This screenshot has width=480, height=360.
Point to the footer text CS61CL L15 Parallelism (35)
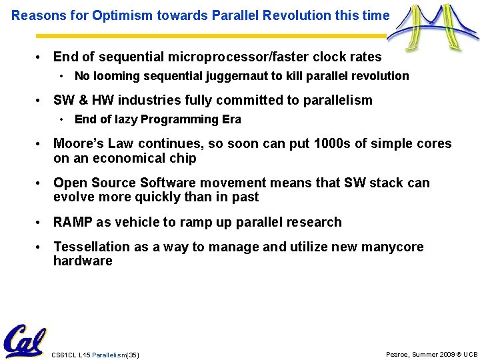tap(95, 355)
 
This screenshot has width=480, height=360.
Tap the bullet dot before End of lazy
tap(61, 119)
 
